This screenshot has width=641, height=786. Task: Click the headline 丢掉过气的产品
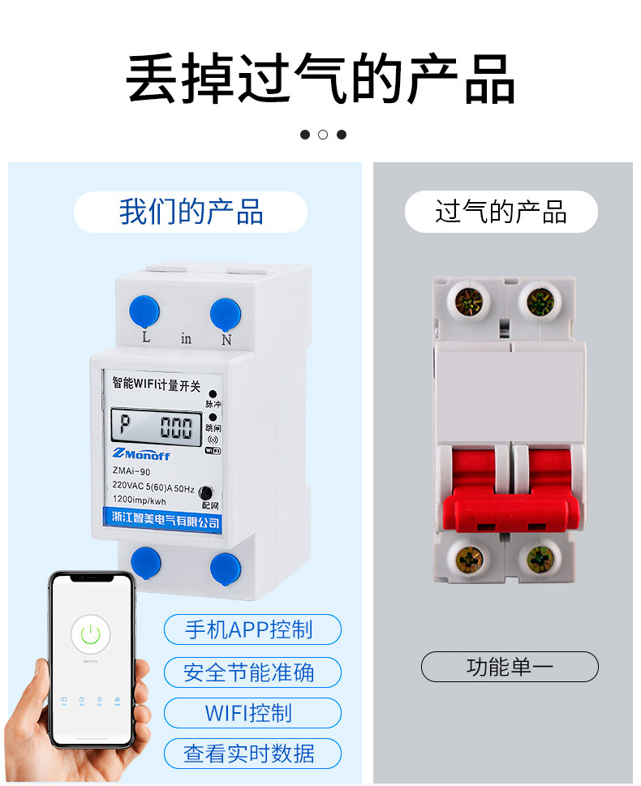pos(320,79)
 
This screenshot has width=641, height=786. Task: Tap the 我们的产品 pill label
pos(191,212)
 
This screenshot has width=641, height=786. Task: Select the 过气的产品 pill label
pos(501,213)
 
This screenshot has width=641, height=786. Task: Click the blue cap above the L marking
pos(144,311)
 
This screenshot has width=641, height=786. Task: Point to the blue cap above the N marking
pos(225,313)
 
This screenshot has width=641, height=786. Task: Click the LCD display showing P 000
pos(156,427)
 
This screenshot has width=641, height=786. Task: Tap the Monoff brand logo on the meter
pos(148,454)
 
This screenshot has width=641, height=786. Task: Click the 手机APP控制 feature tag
pos(252,629)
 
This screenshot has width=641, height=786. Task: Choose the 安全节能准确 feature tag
pos(252,672)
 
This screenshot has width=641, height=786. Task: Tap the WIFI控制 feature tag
pos(252,713)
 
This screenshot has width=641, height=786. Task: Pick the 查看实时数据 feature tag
pos(252,754)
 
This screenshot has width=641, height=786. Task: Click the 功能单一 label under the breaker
pos(510,667)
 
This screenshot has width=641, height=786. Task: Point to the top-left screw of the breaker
pos(468,302)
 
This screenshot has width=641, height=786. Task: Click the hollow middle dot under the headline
pos(323,135)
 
